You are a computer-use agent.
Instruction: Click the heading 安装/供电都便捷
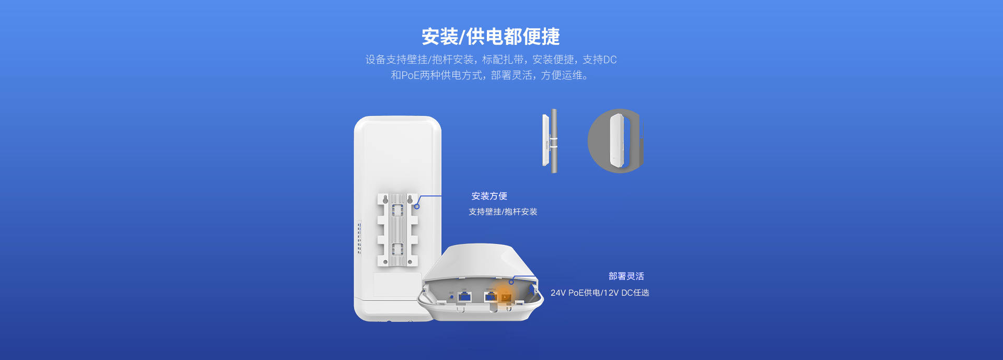[x=491, y=37]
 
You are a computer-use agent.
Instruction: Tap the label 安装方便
[x=489, y=196]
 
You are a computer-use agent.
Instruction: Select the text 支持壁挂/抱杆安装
[x=503, y=212]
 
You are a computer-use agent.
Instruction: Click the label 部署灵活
[x=626, y=276]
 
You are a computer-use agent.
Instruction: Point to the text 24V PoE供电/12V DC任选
[x=600, y=293]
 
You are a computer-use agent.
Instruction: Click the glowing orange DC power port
[x=506, y=297]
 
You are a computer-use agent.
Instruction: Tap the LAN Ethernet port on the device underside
[x=464, y=297]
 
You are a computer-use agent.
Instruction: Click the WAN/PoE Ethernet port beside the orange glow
[x=491, y=297]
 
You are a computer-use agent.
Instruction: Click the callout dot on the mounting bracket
[x=417, y=206]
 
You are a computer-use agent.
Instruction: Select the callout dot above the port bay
[x=511, y=282]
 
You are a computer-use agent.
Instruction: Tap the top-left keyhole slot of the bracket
[x=385, y=200]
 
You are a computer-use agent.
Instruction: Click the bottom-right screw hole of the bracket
[x=410, y=262]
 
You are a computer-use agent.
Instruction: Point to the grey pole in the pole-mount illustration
[x=554, y=141]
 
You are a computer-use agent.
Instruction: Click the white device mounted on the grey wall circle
[x=617, y=141]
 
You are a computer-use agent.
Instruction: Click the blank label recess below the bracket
[x=397, y=284]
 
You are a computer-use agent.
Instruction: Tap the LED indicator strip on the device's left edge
[x=359, y=238]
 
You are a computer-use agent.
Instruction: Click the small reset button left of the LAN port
[x=451, y=297]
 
